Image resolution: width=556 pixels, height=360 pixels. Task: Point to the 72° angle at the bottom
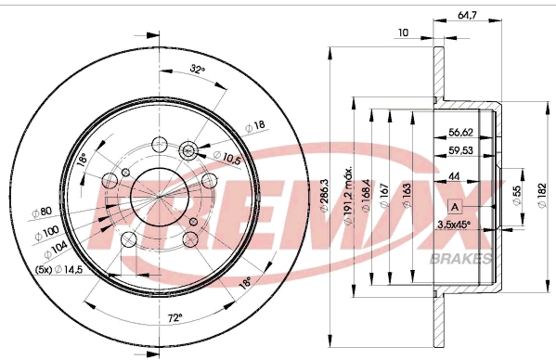click(174, 317)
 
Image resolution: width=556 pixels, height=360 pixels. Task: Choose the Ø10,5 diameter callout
click(227, 158)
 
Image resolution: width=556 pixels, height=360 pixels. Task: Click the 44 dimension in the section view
click(455, 177)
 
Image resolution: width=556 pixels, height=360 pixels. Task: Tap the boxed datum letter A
click(456, 205)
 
